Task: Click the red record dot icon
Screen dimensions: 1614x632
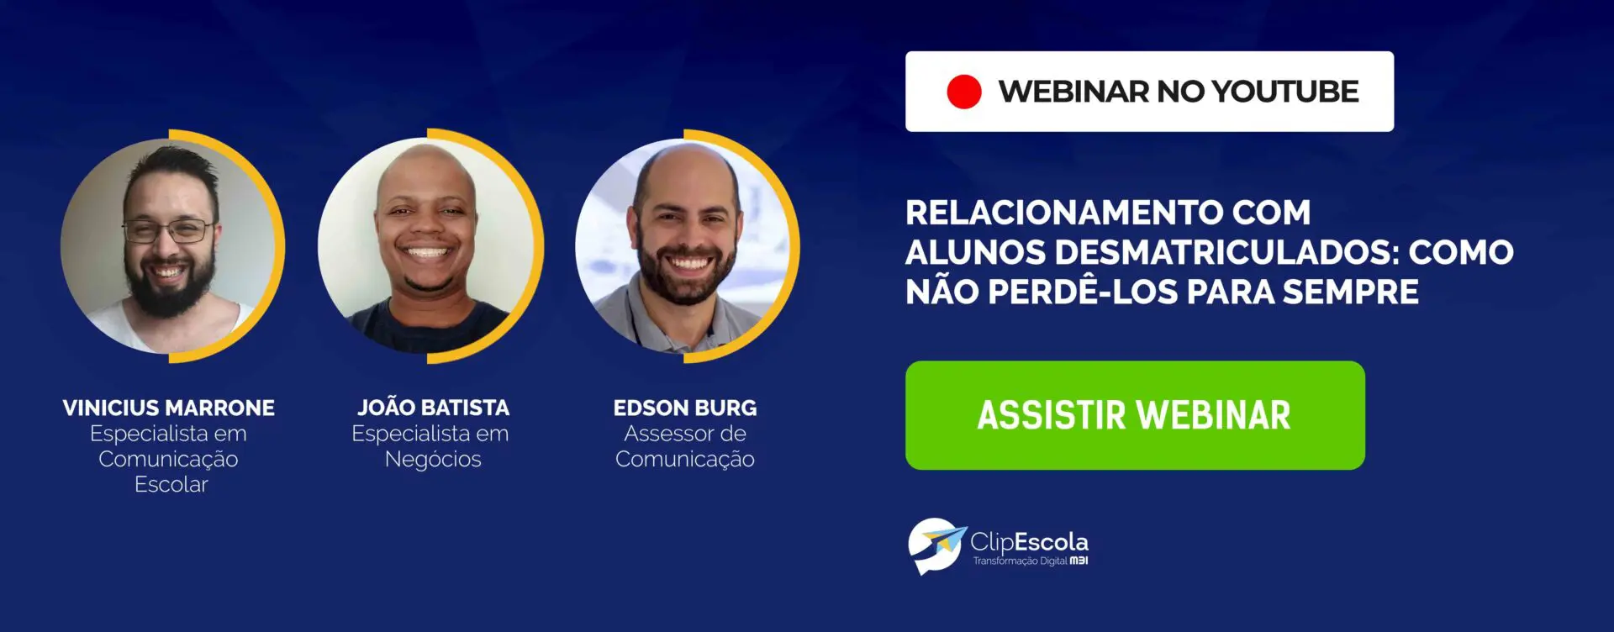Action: pyautogui.click(x=963, y=92)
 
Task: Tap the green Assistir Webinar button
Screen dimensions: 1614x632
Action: pyautogui.click(x=1135, y=415)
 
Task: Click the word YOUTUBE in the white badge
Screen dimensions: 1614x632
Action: pyautogui.click(x=1285, y=92)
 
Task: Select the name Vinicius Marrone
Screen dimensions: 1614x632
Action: pyautogui.click(x=169, y=408)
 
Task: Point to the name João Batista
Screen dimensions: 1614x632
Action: pyautogui.click(x=433, y=407)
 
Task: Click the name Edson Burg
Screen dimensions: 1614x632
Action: pyautogui.click(x=685, y=408)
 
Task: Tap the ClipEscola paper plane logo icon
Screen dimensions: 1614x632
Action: pyautogui.click(x=936, y=545)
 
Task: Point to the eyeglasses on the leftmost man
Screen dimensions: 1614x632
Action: pyautogui.click(x=169, y=230)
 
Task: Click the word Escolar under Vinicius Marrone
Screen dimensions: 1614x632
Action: pyautogui.click(x=171, y=484)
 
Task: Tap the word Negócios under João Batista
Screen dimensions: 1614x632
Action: pyautogui.click(x=433, y=459)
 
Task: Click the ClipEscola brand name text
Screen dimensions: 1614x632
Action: pyautogui.click(x=1029, y=542)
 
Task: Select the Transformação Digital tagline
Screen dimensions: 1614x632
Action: pyautogui.click(x=1020, y=561)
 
